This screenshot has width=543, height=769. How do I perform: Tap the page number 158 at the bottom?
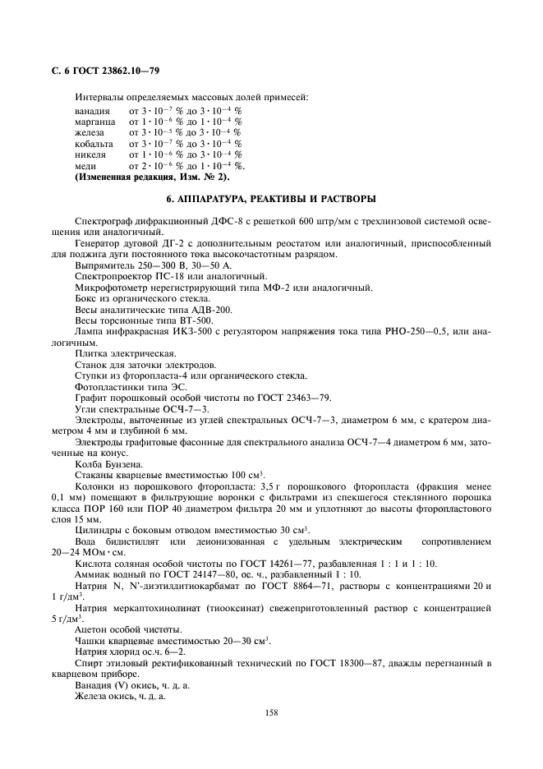click(271, 711)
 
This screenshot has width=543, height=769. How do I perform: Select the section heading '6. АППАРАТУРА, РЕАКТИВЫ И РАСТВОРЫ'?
click(271, 199)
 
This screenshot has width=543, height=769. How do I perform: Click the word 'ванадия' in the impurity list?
click(91, 110)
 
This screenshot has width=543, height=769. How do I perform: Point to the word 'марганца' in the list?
click(94, 121)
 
